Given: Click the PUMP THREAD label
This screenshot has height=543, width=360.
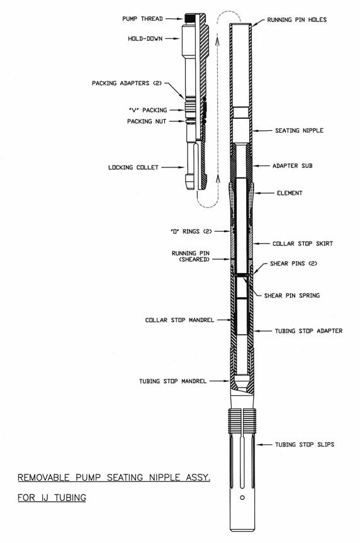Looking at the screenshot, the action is point(142,19).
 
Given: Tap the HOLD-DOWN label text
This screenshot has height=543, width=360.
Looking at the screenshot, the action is point(145,38).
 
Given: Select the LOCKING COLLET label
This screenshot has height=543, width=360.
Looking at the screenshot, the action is point(133,167).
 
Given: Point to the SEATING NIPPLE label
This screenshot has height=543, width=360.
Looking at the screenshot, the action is point(300,130).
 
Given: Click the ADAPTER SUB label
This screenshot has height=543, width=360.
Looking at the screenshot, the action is point(293,166).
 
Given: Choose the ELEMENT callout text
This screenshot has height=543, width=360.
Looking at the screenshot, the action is point(290,193).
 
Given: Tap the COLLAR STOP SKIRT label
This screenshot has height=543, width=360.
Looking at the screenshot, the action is point(303,244).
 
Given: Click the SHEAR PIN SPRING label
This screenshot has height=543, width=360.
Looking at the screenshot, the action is point(292,295).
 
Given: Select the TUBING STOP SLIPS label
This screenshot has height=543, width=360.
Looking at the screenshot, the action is point(305,444).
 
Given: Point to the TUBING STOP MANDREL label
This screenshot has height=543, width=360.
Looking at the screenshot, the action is point(173,381).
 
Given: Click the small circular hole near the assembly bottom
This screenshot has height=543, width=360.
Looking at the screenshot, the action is point(242,498).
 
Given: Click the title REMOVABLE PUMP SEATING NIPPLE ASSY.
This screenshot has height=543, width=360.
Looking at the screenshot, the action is point(114,478).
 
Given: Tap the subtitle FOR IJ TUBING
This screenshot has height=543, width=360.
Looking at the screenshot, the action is point(52,498).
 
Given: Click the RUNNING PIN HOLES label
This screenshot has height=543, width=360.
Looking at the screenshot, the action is point(297,20).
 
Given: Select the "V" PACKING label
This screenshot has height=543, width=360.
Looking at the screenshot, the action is point(148,110).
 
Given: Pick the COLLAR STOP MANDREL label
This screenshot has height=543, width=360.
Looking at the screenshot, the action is point(179,320).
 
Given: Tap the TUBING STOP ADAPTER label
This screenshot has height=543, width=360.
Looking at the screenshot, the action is point(309,331).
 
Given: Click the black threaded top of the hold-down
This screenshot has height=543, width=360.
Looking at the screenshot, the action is point(189,18).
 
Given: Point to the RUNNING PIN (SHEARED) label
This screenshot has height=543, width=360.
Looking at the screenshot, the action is point(191,256).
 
